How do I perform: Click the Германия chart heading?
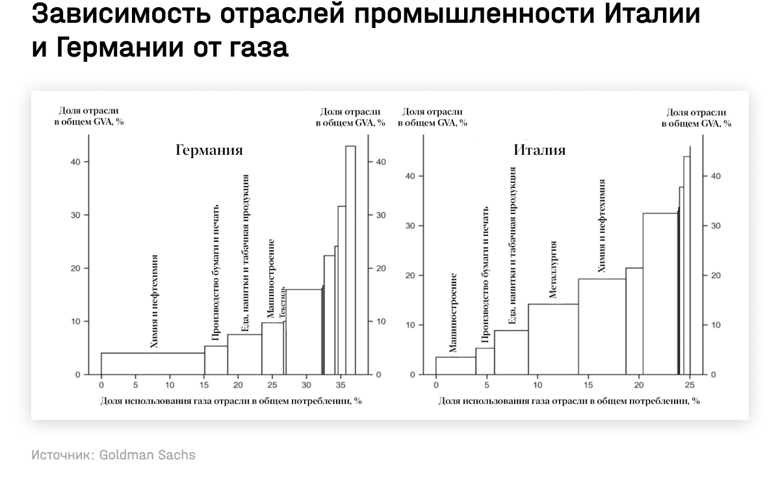coord(209,150)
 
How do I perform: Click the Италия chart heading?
coord(539,150)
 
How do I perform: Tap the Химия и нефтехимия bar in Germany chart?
coord(153,364)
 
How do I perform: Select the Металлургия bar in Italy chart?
coord(553,339)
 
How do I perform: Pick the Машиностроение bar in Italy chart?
coord(456,366)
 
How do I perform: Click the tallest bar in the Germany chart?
coord(350,260)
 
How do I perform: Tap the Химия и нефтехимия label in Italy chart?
coord(603,225)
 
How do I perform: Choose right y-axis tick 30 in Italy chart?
coord(715,226)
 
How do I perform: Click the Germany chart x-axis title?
coord(231,401)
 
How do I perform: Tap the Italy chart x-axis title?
coord(569,401)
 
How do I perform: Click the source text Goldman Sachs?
coord(147,455)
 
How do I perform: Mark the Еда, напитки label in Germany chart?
coord(245,252)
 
